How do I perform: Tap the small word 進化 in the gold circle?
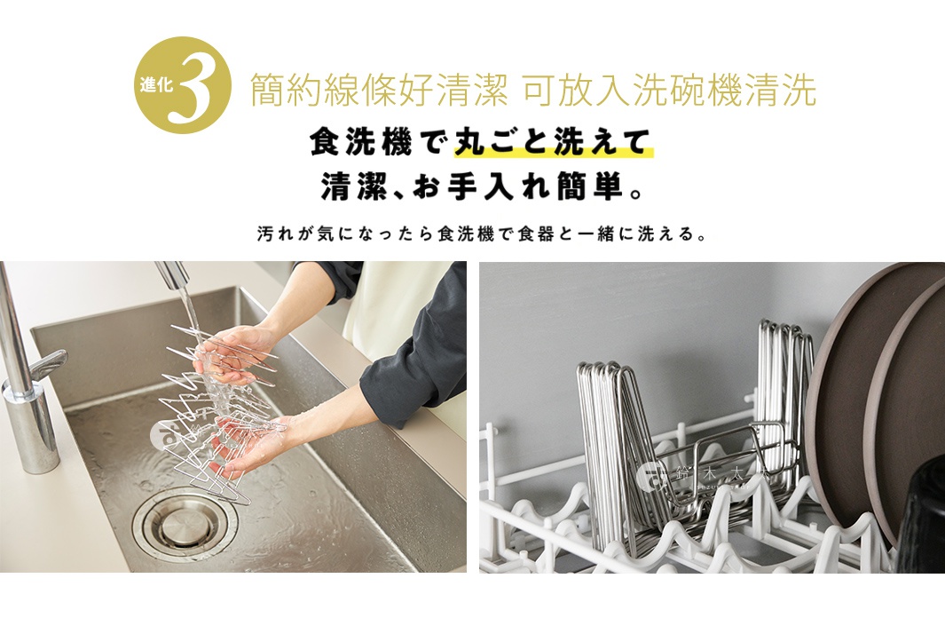[157, 86]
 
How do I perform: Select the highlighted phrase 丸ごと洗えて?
[553, 142]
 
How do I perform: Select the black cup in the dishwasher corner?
[923, 514]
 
